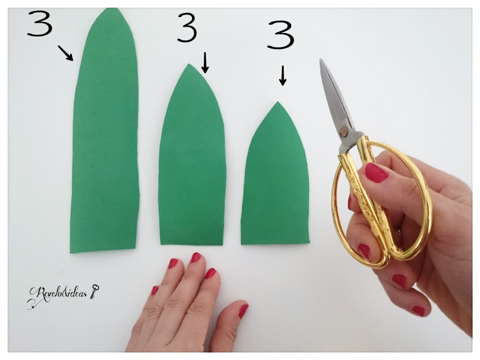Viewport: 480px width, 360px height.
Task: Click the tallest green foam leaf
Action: pos(105,132)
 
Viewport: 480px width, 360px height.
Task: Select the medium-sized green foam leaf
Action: pos(191,159)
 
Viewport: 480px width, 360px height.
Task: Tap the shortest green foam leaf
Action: pos(275,178)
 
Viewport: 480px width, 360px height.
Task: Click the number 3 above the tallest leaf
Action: pos(40,23)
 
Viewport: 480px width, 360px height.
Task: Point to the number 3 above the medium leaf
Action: pos(187,27)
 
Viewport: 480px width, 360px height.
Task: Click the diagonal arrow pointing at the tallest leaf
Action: pos(65,53)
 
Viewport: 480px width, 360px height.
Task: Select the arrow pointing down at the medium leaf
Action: pos(205,63)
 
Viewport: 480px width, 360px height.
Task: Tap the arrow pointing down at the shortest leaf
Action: pos(283,76)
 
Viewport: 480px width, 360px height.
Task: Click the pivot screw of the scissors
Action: pos(344,132)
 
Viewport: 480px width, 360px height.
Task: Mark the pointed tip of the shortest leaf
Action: pos(277,102)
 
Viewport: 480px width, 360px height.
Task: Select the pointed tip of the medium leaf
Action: pos(189,64)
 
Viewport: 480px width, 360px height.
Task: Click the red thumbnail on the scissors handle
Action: pos(376,173)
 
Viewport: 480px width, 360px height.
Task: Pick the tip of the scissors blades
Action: pos(321,59)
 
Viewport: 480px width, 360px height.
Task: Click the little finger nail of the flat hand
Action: pos(155,290)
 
